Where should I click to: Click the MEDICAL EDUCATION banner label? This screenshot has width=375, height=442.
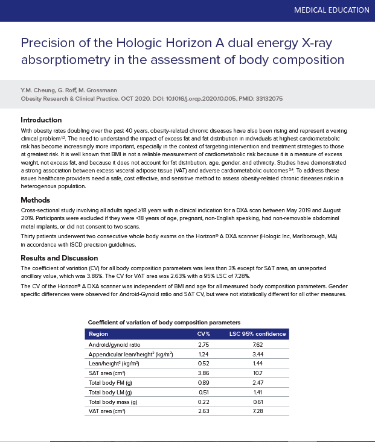(331, 10)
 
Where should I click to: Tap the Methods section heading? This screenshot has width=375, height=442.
(36, 200)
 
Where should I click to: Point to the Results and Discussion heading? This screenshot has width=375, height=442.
(59, 258)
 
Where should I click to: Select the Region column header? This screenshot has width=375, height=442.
(98, 333)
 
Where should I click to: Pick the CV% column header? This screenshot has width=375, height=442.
(204, 333)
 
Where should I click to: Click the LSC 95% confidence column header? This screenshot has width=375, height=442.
(257, 333)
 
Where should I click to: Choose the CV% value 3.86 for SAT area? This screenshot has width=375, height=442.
(204, 373)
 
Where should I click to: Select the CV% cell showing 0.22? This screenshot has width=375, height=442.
(204, 402)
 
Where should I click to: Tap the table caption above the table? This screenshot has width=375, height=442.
(164, 323)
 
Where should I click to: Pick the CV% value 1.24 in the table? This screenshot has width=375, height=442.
(204, 355)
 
